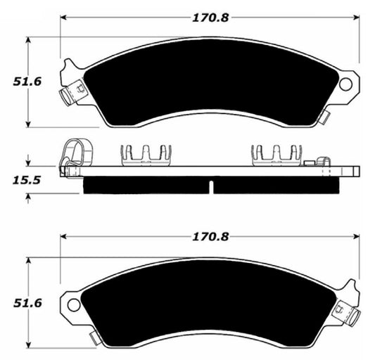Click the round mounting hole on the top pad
coord(345,84)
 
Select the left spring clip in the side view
coord(146,154)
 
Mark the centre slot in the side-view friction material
coord(211,186)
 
